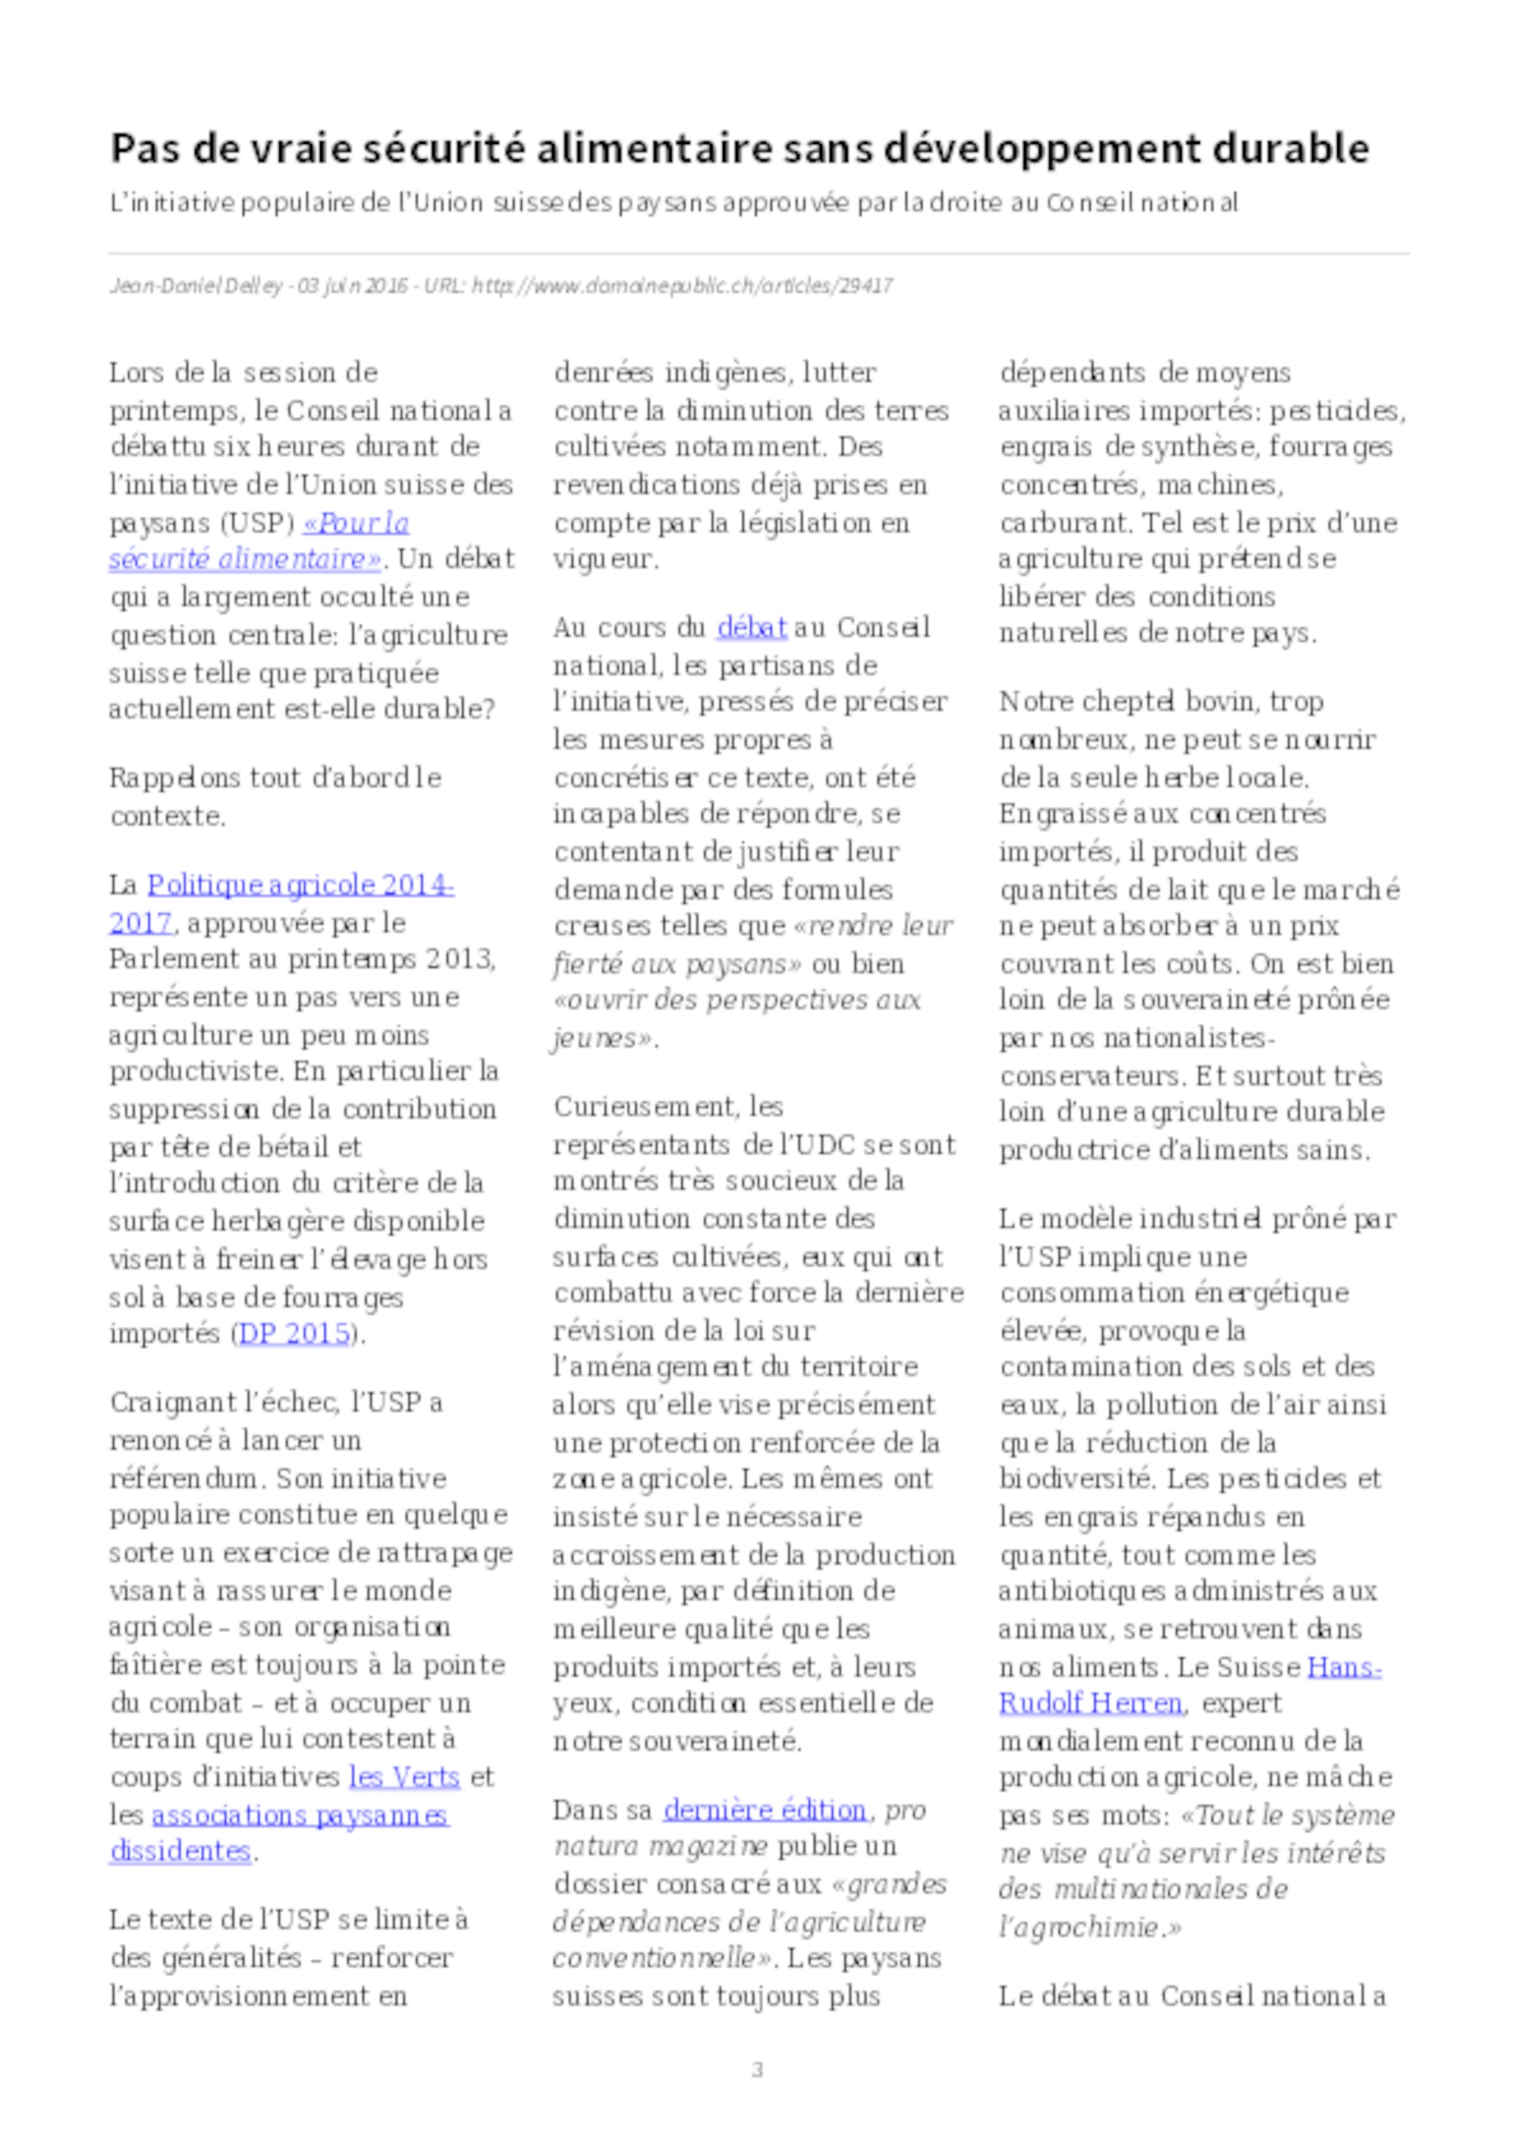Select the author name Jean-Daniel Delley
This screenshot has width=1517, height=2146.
point(196,286)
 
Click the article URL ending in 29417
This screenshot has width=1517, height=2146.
point(683,286)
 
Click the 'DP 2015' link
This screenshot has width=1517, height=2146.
point(294,1333)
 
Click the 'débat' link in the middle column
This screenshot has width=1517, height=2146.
point(752,627)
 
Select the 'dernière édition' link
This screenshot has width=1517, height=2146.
point(765,1809)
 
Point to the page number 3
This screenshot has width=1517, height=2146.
point(757,2070)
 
